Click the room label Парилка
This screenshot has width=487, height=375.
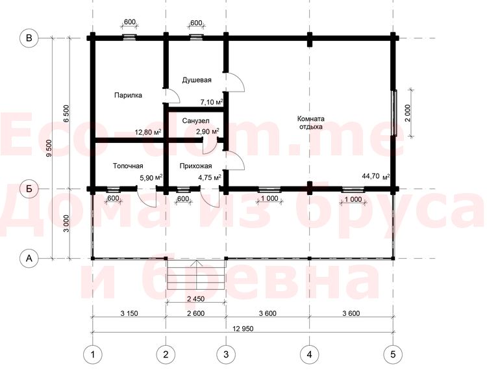point(128,95)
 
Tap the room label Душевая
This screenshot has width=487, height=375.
point(197,80)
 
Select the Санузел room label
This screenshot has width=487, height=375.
point(195,121)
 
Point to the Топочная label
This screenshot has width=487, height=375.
point(128,166)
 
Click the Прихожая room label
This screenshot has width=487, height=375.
point(195,166)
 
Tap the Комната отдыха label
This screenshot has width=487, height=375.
point(311,123)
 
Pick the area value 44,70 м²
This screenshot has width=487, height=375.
point(376,176)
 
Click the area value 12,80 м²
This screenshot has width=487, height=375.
point(148,132)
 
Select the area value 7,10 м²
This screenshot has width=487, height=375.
point(212,102)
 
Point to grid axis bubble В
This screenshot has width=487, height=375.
point(29,38)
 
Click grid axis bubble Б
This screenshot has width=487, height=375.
point(29,188)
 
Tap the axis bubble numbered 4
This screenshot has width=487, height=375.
point(309,354)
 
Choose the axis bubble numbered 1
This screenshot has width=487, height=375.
point(93,354)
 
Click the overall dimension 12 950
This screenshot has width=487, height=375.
point(243,328)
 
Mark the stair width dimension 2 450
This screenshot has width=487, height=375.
point(196,299)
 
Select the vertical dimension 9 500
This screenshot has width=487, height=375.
point(49,148)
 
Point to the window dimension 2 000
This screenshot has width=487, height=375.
point(408,112)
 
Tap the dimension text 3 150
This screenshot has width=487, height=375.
point(129,313)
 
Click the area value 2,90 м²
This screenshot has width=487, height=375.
point(208,131)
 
